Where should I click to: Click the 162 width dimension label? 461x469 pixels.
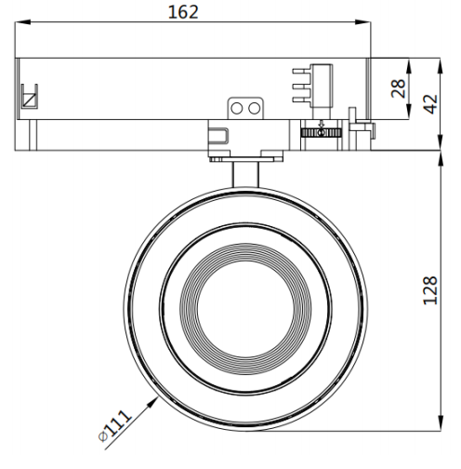point(183,12)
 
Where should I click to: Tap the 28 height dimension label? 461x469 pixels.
point(399,88)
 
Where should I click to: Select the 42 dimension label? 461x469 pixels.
point(431,104)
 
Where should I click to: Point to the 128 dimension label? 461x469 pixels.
point(430,290)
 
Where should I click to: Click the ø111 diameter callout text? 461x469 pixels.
point(114,425)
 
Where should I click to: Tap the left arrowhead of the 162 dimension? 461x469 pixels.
point(23,22)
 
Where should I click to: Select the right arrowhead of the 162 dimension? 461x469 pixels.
point(362,22)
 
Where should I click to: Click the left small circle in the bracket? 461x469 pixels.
point(237,109)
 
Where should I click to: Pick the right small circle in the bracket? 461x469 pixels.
point(255,109)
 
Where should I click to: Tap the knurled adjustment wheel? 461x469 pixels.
point(322,133)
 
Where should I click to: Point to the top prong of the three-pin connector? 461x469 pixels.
point(302,72)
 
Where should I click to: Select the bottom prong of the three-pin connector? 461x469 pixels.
point(302,100)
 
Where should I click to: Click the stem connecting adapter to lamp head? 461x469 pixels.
point(245,175)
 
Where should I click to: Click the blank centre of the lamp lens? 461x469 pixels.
point(245,309)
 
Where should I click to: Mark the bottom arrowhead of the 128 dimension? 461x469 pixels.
point(441,423)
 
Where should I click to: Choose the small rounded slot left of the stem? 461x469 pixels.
point(218,135)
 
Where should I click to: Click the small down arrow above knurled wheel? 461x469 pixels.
point(322,124)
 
